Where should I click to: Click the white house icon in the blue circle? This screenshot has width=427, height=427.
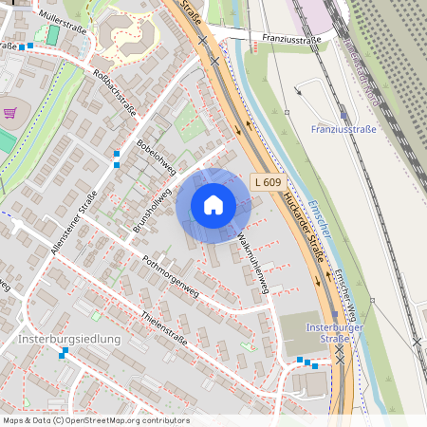click(x=213, y=205)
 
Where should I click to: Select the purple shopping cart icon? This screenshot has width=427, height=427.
click(x=10, y=112)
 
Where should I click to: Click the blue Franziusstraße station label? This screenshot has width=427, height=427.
click(x=343, y=129)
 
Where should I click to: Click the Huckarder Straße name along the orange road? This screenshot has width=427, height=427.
click(x=303, y=228)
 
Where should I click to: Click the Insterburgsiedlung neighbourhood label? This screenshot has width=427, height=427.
click(x=69, y=339)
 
